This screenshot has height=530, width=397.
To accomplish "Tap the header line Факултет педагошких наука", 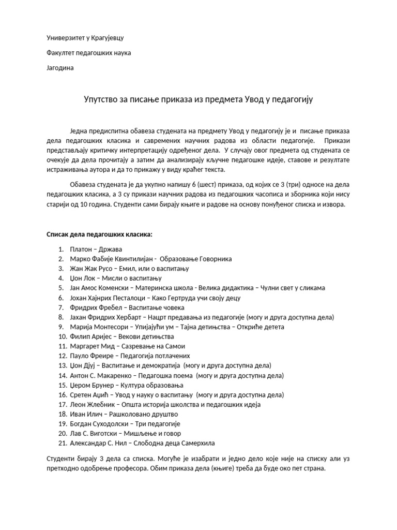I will [x=89, y=53].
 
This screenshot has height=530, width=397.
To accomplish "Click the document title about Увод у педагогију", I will [x=198, y=99].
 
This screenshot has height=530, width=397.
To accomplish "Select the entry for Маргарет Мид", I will [x=128, y=346].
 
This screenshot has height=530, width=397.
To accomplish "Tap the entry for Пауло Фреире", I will [x=130, y=356].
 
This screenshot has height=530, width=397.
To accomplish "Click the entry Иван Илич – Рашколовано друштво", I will [x=124, y=414].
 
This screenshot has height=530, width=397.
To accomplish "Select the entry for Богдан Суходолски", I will [x=121, y=423].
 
